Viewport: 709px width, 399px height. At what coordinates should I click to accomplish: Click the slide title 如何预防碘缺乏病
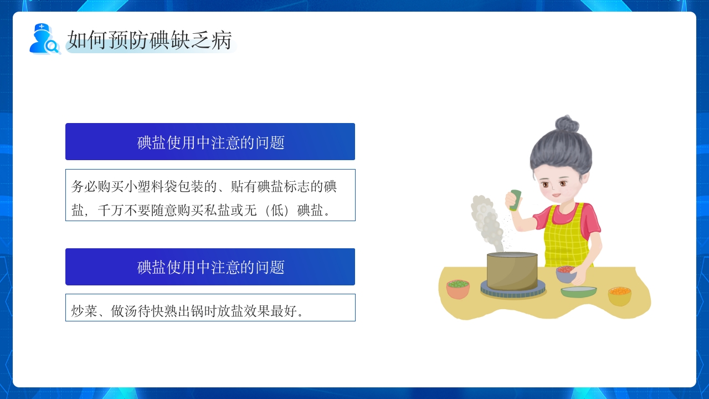(150, 40)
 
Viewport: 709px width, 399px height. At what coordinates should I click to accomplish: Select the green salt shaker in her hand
(516, 200)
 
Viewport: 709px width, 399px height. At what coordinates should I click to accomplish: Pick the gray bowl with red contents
(566, 274)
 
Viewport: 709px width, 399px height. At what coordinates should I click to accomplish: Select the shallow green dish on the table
(578, 291)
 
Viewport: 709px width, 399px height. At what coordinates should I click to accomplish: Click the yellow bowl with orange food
(620, 296)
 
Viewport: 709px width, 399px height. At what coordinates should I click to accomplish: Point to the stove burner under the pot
(513, 292)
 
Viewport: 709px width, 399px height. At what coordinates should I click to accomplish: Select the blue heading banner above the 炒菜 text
(210, 267)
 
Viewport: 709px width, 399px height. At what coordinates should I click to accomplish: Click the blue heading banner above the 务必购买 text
(210, 142)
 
